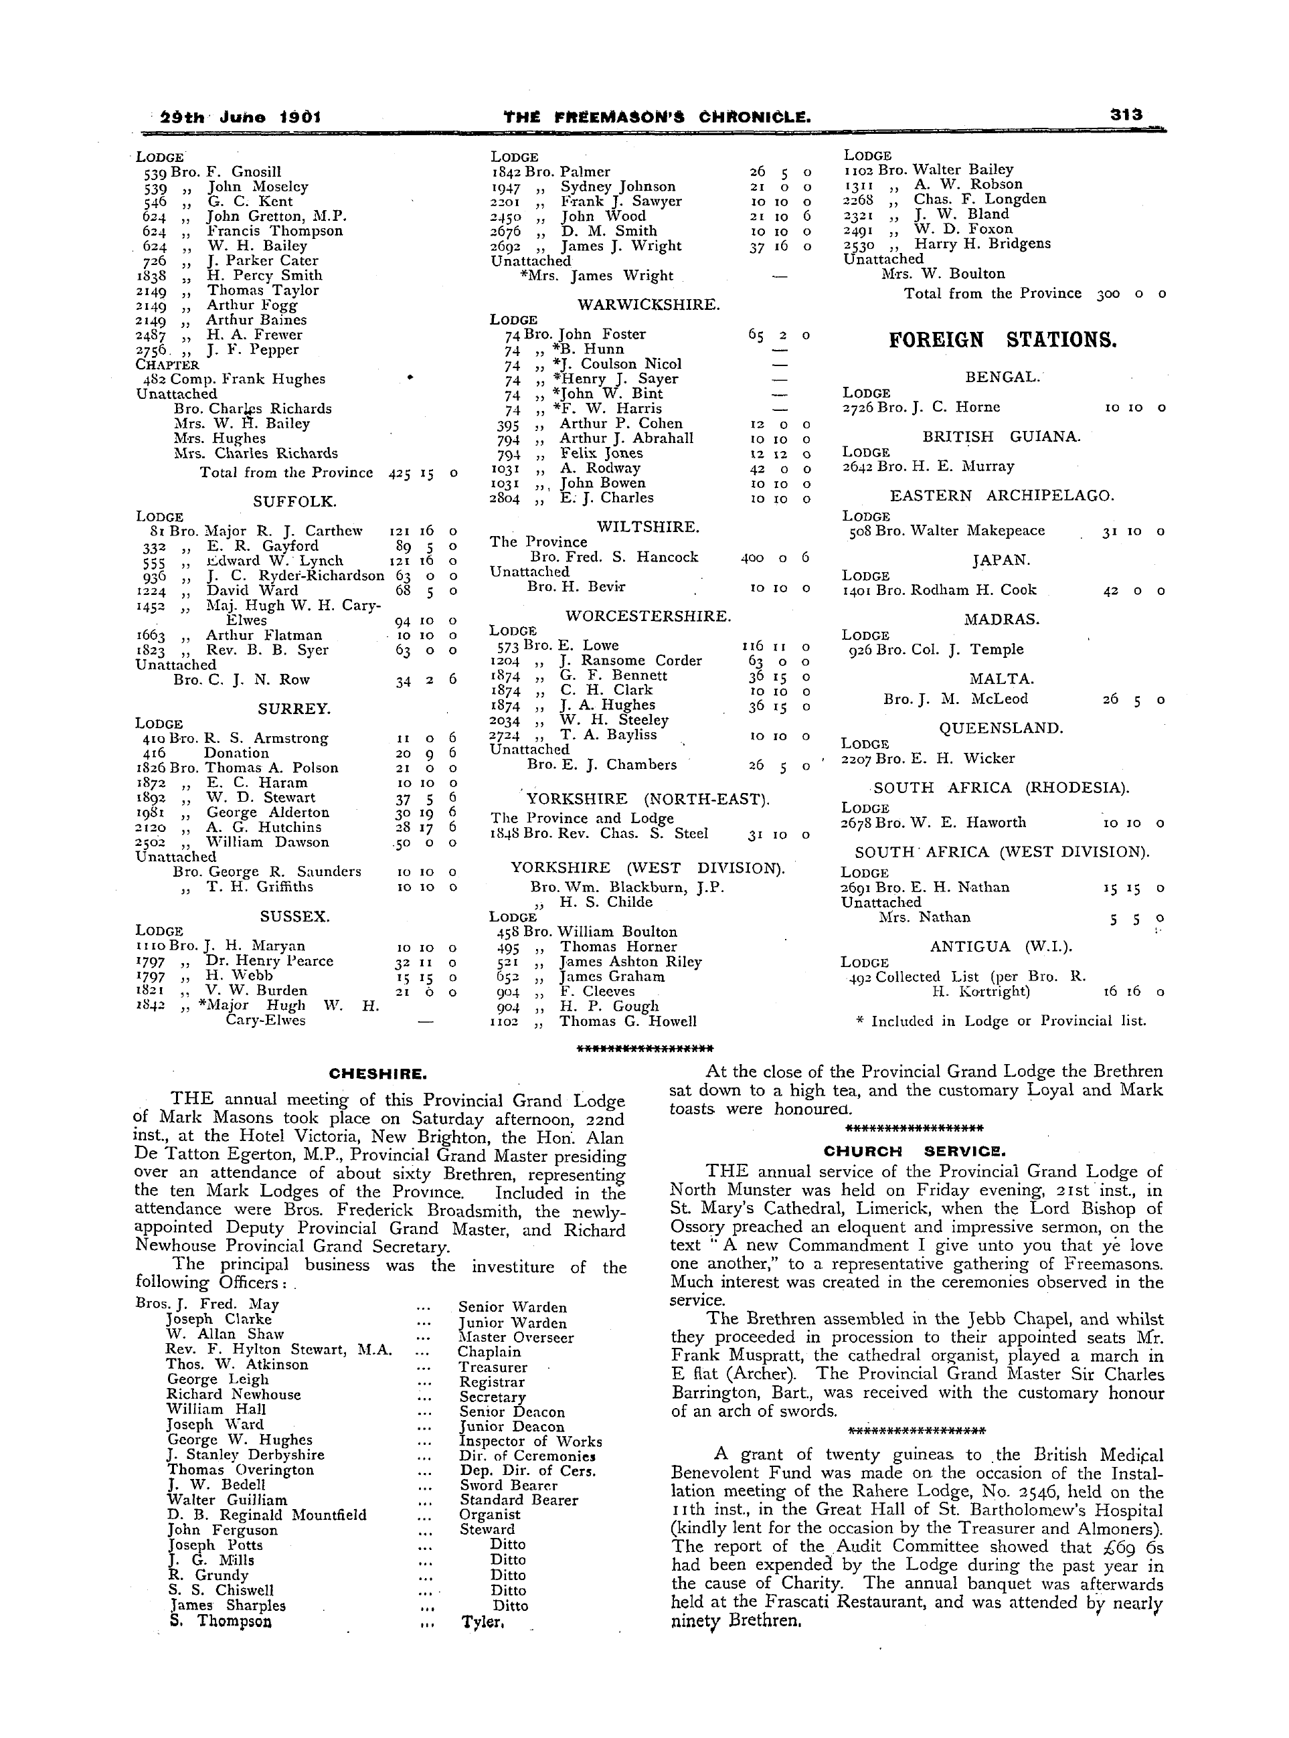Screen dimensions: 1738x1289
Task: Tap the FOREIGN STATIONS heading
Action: click(x=1003, y=340)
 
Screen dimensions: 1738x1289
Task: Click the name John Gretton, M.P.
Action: click(x=276, y=216)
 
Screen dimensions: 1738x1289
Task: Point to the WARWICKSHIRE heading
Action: click(x=649, y=305)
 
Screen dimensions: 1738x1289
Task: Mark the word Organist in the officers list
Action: click(x=489, y=1515)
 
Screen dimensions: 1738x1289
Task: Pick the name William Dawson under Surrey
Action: click(x=268, y=843)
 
